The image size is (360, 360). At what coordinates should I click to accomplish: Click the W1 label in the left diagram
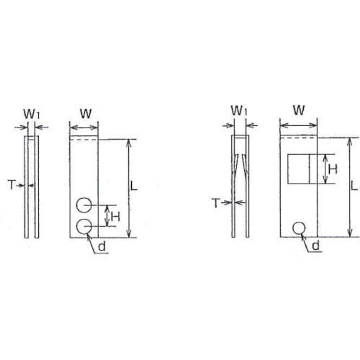31,113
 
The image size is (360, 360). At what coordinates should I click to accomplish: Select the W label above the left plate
84,113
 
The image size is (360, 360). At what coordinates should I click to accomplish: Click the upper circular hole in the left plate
84,205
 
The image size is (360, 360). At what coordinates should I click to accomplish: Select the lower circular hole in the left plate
84,227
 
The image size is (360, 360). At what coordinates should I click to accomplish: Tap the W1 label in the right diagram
240,111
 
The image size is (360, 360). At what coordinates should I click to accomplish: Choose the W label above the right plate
298,111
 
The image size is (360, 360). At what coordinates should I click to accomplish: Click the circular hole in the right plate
298,228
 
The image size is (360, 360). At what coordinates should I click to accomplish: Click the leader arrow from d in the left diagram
92,238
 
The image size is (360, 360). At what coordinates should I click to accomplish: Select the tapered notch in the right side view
240,163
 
